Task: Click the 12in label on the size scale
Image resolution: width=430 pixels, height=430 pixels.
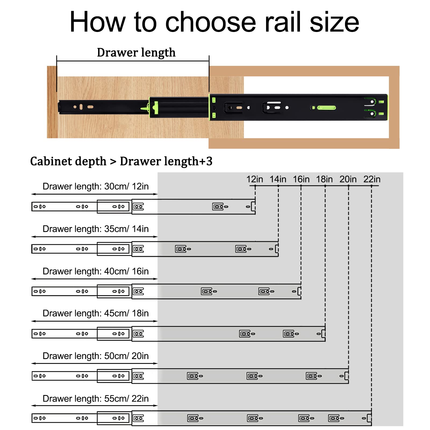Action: tap(255, 179)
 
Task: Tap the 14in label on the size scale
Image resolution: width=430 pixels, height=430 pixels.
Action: tap(278, 179)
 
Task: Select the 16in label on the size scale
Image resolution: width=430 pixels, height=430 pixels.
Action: tap(301, 179)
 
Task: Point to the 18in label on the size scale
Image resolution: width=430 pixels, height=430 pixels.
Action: tap(324, 179)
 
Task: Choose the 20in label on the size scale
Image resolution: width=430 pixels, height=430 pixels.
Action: tap(348, 179)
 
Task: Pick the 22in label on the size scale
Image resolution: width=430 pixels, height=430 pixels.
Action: tap(372, 179)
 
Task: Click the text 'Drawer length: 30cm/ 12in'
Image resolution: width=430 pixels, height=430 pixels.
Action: tap(96, 187)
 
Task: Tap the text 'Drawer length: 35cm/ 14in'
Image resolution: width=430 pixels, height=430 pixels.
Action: tap(96, 229)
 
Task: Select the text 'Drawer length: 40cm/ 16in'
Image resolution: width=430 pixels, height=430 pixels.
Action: tap(96, 271)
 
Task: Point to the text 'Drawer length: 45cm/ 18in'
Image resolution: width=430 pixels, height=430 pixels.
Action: tap(96, 313)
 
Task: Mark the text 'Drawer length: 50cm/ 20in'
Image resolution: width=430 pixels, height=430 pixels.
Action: tap(96, 356)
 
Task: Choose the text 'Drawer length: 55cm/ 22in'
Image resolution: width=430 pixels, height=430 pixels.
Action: tap(96, 399)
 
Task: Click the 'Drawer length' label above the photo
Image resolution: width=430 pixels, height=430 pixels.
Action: tap(136, 53)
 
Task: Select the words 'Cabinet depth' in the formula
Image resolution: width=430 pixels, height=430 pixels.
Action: tap(68, 162)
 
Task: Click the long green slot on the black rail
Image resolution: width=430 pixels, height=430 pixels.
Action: tap(327, 108)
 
